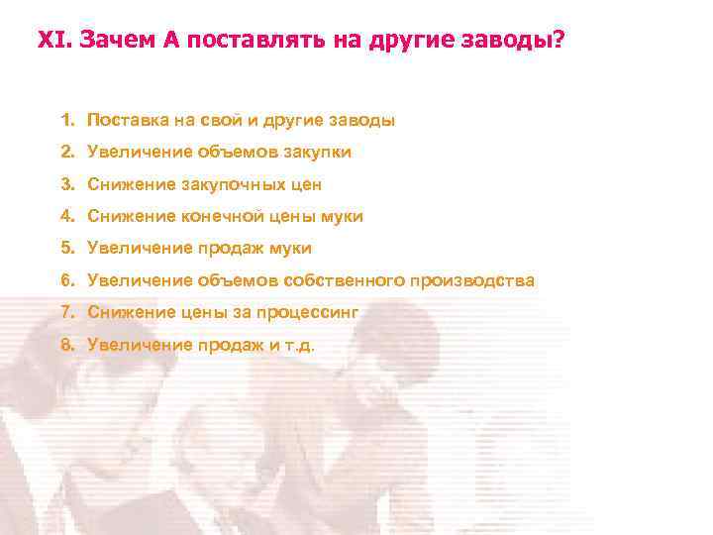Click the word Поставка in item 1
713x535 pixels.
(x=126, y=120)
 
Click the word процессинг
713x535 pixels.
(x=307, y=313)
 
